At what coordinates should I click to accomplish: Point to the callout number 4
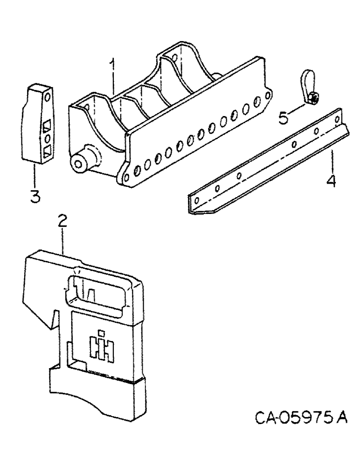pyautogui.click(x=331, y=180)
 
